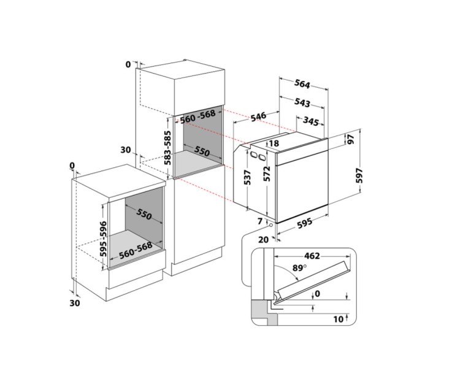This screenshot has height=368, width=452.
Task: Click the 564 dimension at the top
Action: click(x=302, y=85)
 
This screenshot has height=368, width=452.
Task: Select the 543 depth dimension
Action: click(x=302, y=103)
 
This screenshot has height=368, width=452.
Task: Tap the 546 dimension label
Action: click(x=258, y=115)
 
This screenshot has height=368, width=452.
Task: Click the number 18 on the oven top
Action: click(x=274, y=144)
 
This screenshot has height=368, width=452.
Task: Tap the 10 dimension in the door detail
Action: click(x=338, y=320)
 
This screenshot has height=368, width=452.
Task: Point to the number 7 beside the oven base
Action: click(x=260, y=221)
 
